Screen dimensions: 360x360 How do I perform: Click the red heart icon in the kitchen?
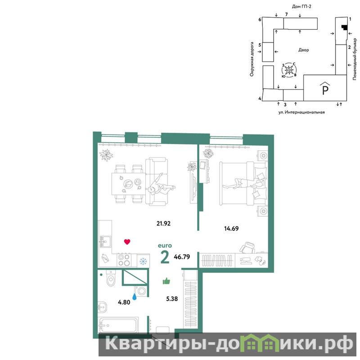click(127, 242)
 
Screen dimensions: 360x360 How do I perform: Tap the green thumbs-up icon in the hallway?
click(166, 281)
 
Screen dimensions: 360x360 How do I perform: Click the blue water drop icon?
click(135, 296)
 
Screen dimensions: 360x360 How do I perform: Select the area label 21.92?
click(163, 223)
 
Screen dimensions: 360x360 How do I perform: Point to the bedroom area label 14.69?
click(231, 229)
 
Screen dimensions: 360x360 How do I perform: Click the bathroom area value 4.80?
click(124, 302)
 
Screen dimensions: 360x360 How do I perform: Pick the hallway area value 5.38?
click(172, 299)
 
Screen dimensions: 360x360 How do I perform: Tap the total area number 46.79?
click(182, 256)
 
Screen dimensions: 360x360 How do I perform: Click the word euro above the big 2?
click(165, 246)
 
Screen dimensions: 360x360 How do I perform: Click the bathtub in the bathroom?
click(118, 325)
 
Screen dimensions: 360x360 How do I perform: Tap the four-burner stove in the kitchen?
click(124, 260)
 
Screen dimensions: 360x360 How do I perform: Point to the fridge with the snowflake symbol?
click(143, 261)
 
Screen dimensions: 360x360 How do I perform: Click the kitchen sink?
click(105, 242)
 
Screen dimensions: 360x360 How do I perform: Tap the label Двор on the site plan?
click(303, 50)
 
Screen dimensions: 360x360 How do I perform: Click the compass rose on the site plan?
click(289, 70)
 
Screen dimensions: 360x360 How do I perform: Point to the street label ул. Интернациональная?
click(301, 112)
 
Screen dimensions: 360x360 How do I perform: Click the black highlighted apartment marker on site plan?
click(344, 27)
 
